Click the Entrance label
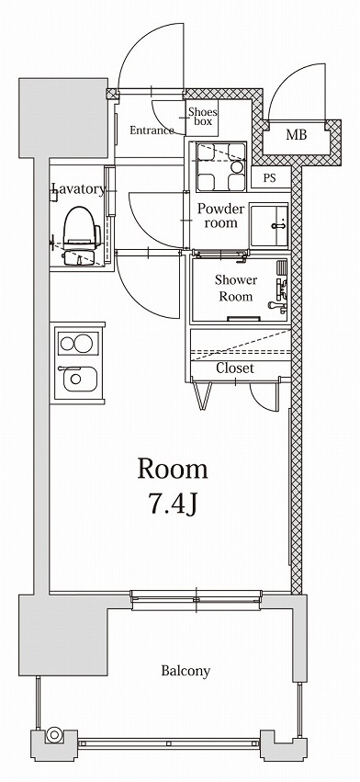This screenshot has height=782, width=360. [152, 130]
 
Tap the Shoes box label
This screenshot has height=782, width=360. [201, 117]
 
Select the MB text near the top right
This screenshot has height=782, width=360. [296, 135]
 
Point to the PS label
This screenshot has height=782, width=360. [270, 178]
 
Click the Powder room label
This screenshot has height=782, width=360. [220, 215]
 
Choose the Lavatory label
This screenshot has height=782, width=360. [78, 189]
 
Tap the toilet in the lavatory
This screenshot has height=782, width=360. [81, 235]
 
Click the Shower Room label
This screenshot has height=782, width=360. [235, 288]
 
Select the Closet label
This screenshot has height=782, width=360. [235, 368]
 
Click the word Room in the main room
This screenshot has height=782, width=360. [173, 469]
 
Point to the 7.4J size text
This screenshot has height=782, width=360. [173, 504]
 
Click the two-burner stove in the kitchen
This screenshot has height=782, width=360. [76, 345]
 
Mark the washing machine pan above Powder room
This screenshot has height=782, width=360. [220, 165]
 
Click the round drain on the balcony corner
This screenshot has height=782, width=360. [54, 735]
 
